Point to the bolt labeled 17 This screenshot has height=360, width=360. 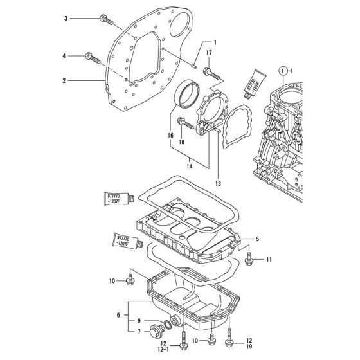(208, 73)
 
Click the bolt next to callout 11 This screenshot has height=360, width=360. (249, 259)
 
